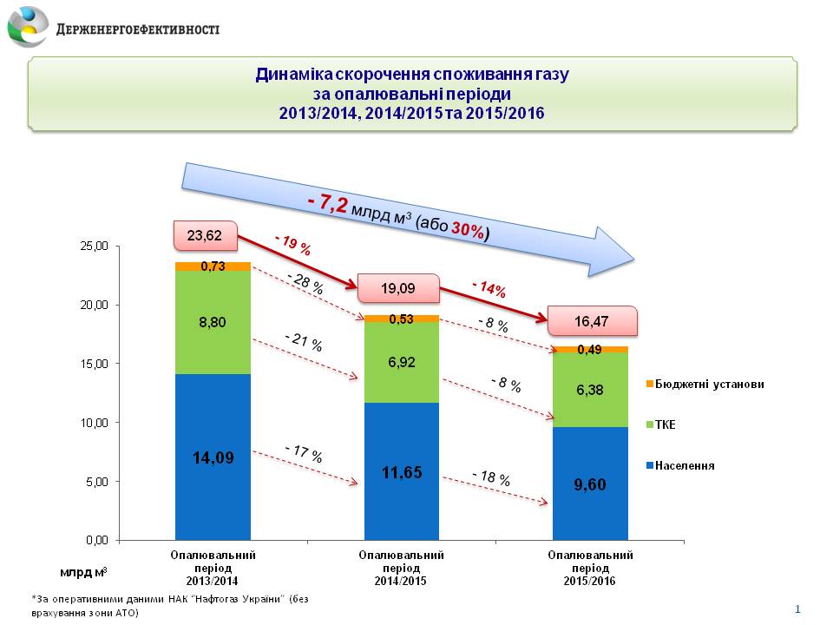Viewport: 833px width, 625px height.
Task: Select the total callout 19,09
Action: point(395,288)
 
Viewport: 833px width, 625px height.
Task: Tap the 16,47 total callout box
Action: point(591,320)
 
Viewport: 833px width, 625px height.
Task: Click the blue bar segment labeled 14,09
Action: point(213,457)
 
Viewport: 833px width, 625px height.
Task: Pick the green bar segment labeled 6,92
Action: point(401,362)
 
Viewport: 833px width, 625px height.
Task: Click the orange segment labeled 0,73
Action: point(213,266)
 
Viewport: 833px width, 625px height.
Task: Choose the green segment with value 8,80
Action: point(213,322)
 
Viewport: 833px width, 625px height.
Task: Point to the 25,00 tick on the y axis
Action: point(90,247)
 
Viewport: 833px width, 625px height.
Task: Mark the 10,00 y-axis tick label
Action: point(90,423)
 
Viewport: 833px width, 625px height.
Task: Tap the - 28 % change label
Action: point(305,283)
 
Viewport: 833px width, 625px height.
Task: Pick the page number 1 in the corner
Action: point(797,609)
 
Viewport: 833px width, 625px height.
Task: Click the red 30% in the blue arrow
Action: point(467,227)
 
